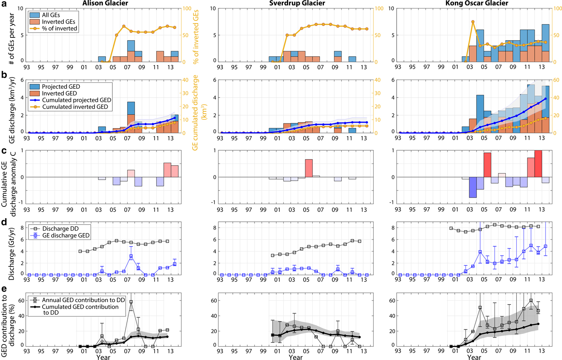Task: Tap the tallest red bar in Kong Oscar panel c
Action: pyautogui.click(x=538, y=164)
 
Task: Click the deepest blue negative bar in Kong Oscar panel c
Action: pyautogui.click(x=472, y=187)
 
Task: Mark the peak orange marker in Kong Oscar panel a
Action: pyautogui.click(x=473, y=22)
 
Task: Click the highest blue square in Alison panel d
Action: pyautogui.click(x=131, y=256)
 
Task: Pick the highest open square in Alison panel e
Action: pyautogui.click(x=131, y=301)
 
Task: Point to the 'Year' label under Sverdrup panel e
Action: pyautogui.click(x=295, y=357)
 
